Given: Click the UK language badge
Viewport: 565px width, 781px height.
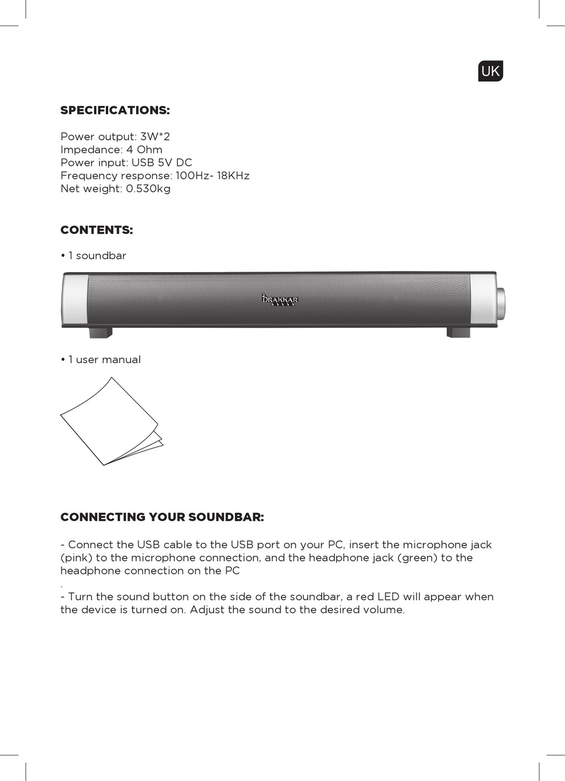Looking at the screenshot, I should [x=491, y=71].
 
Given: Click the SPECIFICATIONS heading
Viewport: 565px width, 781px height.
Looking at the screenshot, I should [x=115, y=110].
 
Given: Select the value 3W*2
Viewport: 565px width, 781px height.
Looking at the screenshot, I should [x=155, y=137].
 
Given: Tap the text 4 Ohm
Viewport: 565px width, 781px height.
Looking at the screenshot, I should [x=145, y=150].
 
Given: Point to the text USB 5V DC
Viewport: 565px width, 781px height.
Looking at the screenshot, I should [x=162, y=163].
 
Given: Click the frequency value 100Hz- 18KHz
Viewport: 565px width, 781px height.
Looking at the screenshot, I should [x=212, y=176].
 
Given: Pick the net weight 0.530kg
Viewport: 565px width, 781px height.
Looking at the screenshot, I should [x=148, y=189].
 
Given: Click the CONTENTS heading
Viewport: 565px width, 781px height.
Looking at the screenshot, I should [x=96, y=230].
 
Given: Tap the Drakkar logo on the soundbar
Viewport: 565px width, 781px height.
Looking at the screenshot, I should [x=280, y=299].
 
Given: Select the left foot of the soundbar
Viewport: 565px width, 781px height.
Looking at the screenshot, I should [x=101, y=332].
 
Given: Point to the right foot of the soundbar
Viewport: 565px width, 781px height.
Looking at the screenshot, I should [x=458, y=332].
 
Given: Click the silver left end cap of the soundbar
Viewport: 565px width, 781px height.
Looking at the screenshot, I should [x=75, y=299].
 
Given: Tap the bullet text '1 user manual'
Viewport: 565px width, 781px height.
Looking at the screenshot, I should [x=104, y=360].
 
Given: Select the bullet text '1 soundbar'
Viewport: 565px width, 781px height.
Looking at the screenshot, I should [x=97, y=256].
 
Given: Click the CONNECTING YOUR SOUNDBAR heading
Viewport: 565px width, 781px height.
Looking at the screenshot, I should [x=162, y=517].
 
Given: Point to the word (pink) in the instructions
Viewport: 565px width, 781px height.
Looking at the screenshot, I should [x=76, y=558].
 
